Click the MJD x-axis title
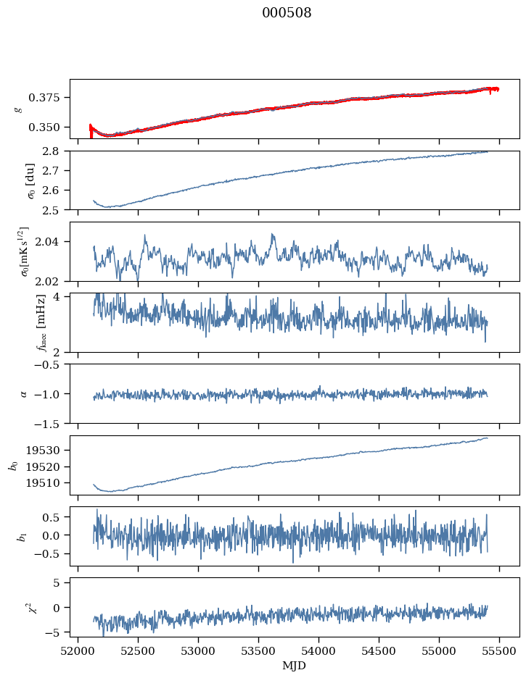(294, 666)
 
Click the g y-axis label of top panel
(17, 109)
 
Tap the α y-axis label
(25, 393)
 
